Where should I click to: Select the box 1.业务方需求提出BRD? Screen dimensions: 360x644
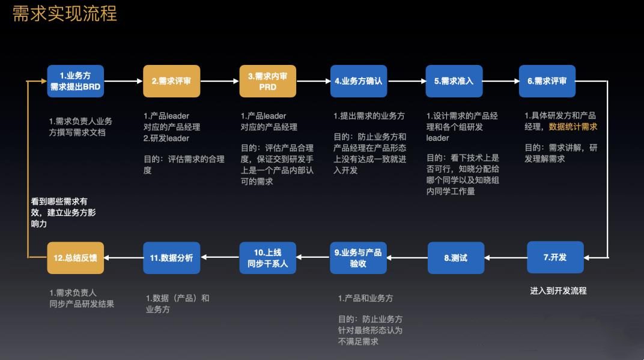pos(76,81)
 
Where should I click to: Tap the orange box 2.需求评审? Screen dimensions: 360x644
pos(171,81)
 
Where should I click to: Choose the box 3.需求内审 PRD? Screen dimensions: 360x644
pos(267,81)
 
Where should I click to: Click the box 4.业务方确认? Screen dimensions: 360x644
pos(359,81)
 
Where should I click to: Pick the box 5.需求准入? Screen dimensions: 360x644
pos(454,81)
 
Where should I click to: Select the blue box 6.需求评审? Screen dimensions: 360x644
pos(547,81)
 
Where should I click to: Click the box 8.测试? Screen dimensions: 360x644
pos(455,258)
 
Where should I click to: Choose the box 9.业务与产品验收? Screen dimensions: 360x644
pos(358,258)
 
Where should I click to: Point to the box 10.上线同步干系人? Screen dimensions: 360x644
pos(267,258)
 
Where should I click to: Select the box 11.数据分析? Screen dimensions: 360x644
pos(171,258)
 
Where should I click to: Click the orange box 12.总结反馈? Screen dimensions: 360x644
pos(76,258)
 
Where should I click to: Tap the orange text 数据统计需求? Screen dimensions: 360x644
pos(573,127)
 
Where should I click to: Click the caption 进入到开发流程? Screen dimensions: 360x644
pos(558,290)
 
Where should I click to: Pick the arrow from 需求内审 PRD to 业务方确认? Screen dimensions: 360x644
pos(312,81)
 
